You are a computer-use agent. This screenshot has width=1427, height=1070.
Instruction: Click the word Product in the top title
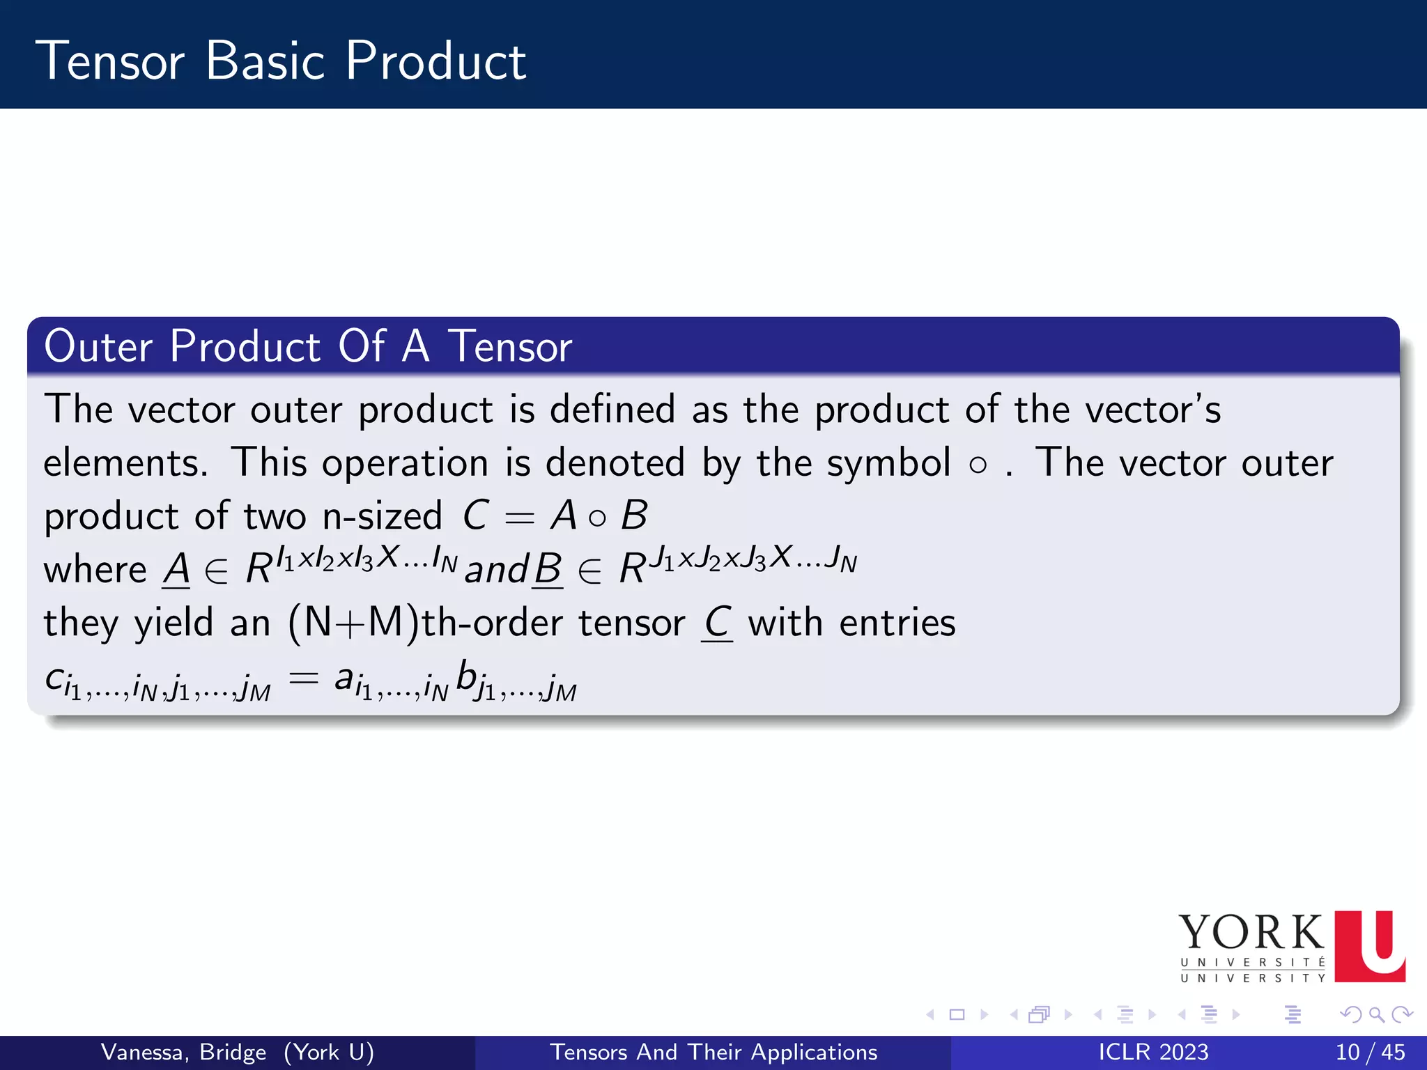[435, 61]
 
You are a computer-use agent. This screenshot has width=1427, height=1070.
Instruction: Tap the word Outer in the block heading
[98, 346]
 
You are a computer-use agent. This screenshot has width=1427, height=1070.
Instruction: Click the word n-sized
[382, 516]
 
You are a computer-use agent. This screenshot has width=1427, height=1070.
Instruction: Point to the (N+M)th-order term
[486, 623]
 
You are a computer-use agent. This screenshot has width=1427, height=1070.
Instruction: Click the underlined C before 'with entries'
[717, 623]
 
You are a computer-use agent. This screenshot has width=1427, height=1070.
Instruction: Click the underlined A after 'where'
[176, 570]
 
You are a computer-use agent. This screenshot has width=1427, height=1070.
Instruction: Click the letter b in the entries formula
[466, 676]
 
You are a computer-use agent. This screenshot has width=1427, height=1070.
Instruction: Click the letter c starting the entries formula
[54, 678]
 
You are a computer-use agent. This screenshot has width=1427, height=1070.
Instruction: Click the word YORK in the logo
[1251, 933]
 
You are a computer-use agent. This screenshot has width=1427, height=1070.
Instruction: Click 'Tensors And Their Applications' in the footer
[713, 1053]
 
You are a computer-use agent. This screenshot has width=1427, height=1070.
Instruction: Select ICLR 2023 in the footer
[1153, 1053]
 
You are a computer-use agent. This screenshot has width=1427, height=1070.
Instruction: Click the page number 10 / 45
[1370, 1053]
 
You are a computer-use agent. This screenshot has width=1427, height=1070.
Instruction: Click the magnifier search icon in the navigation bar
[1376, 1015]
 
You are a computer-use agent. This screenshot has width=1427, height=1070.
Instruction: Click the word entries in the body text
[897, 623]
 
